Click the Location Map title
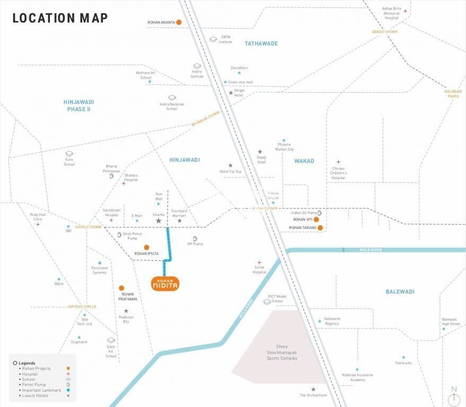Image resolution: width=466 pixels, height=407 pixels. coord(60,18)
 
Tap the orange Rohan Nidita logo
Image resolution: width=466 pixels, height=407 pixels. coord(165,284)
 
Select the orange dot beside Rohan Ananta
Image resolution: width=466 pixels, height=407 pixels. coord(179,22)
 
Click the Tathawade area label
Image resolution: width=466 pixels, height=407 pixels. coord(261,43)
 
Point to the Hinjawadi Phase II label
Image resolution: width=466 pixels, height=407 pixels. coord(78,105)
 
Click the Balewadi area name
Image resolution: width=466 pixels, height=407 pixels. coord(400,291)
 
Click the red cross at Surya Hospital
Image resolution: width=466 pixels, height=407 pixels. coord(259,262)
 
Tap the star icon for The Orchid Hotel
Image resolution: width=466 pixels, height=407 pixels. coord(313,389)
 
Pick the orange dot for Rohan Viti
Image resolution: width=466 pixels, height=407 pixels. coord(316,219)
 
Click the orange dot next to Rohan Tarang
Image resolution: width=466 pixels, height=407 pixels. coord(320,228)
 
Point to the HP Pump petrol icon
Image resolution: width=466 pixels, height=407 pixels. coord(195,238)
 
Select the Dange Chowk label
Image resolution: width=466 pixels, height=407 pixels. coord(384,32)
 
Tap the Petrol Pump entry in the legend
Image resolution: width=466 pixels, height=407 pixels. coord(32,384)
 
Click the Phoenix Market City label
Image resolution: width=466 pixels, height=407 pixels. coord(284,147)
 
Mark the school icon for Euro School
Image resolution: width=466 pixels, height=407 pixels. coord(69,154)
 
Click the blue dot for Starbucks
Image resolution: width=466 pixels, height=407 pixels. coord(403,357)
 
